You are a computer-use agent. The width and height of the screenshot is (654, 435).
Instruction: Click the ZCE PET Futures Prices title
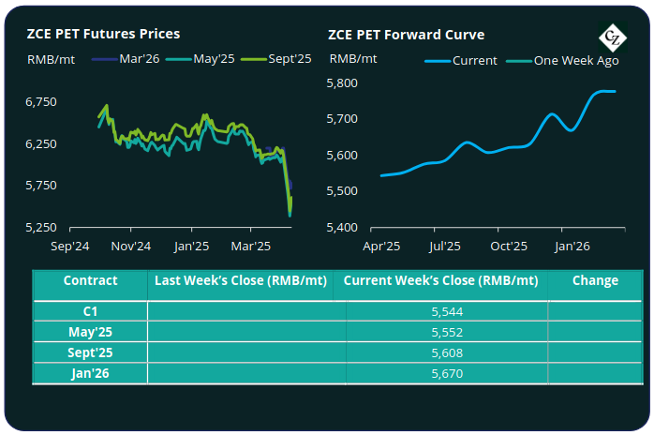tap(103, 34)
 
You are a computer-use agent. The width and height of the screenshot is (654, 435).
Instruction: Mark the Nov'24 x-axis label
tap(130, 247)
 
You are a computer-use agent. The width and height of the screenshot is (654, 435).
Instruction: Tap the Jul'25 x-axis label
tap(444, 247)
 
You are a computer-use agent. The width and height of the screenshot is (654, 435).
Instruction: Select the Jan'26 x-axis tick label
tap(572, 247)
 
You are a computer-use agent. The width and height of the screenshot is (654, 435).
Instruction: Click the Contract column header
tap(90, 280)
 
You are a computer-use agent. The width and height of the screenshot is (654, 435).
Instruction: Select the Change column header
tap(595, 280)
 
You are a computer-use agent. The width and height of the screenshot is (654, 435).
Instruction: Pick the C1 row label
tap(90, 311)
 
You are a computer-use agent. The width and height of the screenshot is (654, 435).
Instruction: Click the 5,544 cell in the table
tap(445, 311)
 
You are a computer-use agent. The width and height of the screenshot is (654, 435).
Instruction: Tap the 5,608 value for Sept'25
tap(445, 352)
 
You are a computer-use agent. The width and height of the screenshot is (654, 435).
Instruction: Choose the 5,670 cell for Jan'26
tap(445, 373)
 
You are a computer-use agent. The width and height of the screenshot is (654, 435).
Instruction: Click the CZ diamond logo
tap(615, 37)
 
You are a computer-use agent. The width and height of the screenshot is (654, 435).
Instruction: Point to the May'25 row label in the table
tap(90, 332)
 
